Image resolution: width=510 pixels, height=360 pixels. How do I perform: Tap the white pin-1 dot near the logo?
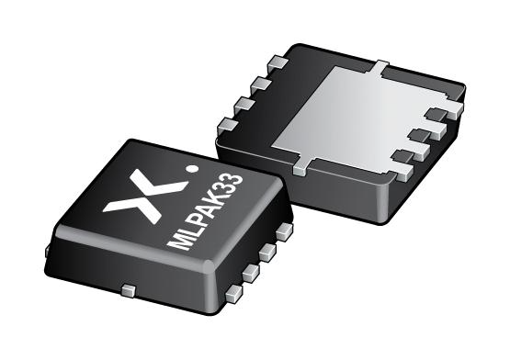191,169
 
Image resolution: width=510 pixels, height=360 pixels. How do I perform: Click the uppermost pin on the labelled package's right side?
283,233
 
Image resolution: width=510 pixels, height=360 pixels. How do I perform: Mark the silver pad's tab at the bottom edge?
300,168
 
